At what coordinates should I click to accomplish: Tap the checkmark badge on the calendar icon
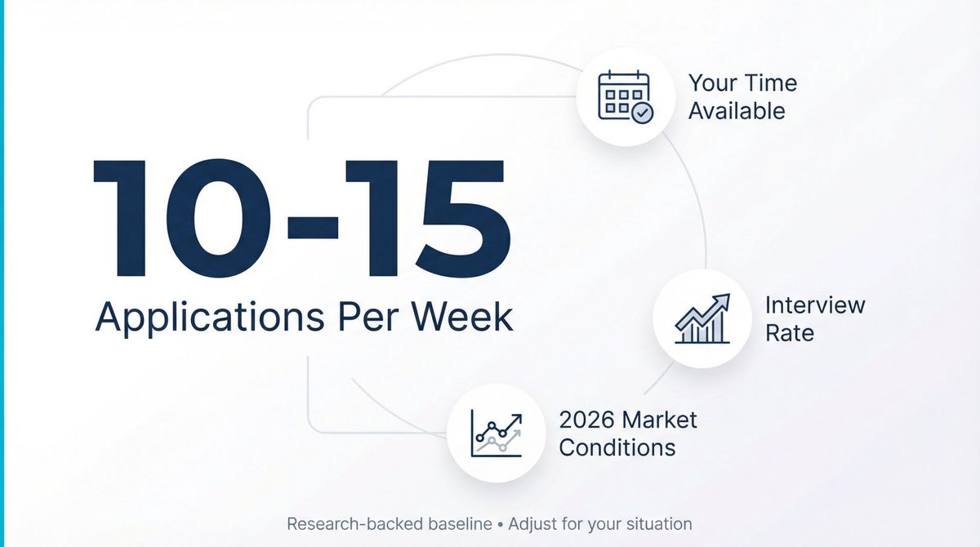click(x=644, y=113)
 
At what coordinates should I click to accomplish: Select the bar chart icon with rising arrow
click(x=702, y=318)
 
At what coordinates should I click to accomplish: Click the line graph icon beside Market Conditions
click(x=496, y=434)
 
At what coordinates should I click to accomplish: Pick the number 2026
click(x=587, y=420)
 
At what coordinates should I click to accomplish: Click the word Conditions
click(x=617, y=448)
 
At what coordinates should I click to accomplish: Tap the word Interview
click(x=814, y=305)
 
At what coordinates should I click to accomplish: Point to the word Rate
click(x=789, y=333)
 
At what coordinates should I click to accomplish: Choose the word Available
click(x=737, y=111)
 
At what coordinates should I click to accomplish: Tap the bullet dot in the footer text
click(x=500, y=524)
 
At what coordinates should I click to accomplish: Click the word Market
click(x=660, y=420)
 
